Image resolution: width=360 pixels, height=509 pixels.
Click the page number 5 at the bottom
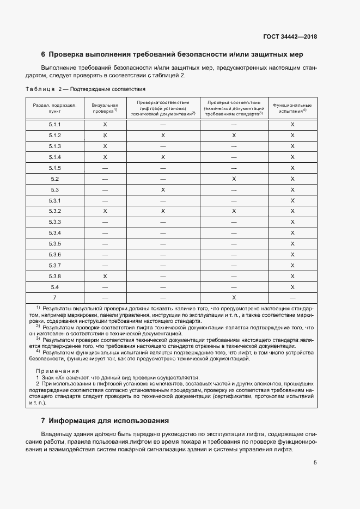point(315,463)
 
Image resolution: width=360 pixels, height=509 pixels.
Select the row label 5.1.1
point(54,125)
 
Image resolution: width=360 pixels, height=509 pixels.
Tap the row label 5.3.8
point(54,277)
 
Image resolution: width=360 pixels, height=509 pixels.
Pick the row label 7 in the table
point(54,298)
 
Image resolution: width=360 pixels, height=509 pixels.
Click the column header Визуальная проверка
point(105,107)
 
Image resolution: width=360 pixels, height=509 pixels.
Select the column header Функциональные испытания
point(292,107)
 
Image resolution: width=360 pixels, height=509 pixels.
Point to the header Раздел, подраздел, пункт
point(54,107)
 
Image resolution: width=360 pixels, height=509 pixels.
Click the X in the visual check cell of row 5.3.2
point(105,211)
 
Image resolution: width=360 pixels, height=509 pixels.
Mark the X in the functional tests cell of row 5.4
point(292,287)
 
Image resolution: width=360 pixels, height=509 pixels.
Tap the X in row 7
point(234,298)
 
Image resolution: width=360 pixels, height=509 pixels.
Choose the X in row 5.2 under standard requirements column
point(234,179)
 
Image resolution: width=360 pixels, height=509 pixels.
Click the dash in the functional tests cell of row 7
point(292,298)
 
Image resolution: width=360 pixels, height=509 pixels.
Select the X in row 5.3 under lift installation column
point(163,189)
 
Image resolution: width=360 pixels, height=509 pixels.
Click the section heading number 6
point(44,54)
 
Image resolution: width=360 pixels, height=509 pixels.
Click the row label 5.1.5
point(54,168)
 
